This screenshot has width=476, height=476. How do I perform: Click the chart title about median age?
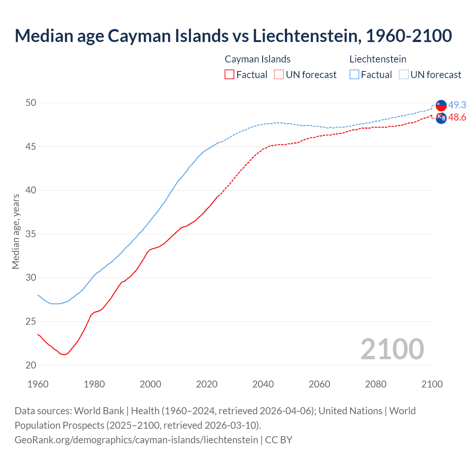tap(233, 36)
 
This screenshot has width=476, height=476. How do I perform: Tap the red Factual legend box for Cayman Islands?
tap(229, 74)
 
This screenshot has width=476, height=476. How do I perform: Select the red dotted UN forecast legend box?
tap(279, 74)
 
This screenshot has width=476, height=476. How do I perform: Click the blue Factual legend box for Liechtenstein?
tap(354, 74)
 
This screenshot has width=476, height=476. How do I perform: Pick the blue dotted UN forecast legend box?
tap(404, 74)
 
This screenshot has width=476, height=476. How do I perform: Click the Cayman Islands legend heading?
tap(257, 59)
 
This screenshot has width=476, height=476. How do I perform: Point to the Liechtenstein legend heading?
tap(377, 59)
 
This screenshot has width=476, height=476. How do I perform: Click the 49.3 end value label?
tap(457, 105)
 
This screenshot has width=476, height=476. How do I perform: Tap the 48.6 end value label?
tap(457, 118)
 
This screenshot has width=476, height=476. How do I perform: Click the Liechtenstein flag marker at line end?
tap(441, 106)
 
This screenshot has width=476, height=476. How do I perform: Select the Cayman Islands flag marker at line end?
tap(441, 118)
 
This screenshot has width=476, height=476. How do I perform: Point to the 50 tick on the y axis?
tap(31, 103)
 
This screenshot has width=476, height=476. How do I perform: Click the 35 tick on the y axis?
tap(31, 234)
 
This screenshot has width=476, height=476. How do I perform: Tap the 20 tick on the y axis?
tap(31, 365)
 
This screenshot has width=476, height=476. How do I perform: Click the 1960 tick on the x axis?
tap(38, 384)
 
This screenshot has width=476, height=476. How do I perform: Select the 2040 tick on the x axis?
tap(263, 384)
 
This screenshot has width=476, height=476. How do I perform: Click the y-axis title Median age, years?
tap(16, 231)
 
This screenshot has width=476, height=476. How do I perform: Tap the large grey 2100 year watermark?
tap(392, 349)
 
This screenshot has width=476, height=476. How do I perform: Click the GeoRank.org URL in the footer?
tap(136, 440)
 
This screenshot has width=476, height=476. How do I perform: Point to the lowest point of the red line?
tap(64, 354)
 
